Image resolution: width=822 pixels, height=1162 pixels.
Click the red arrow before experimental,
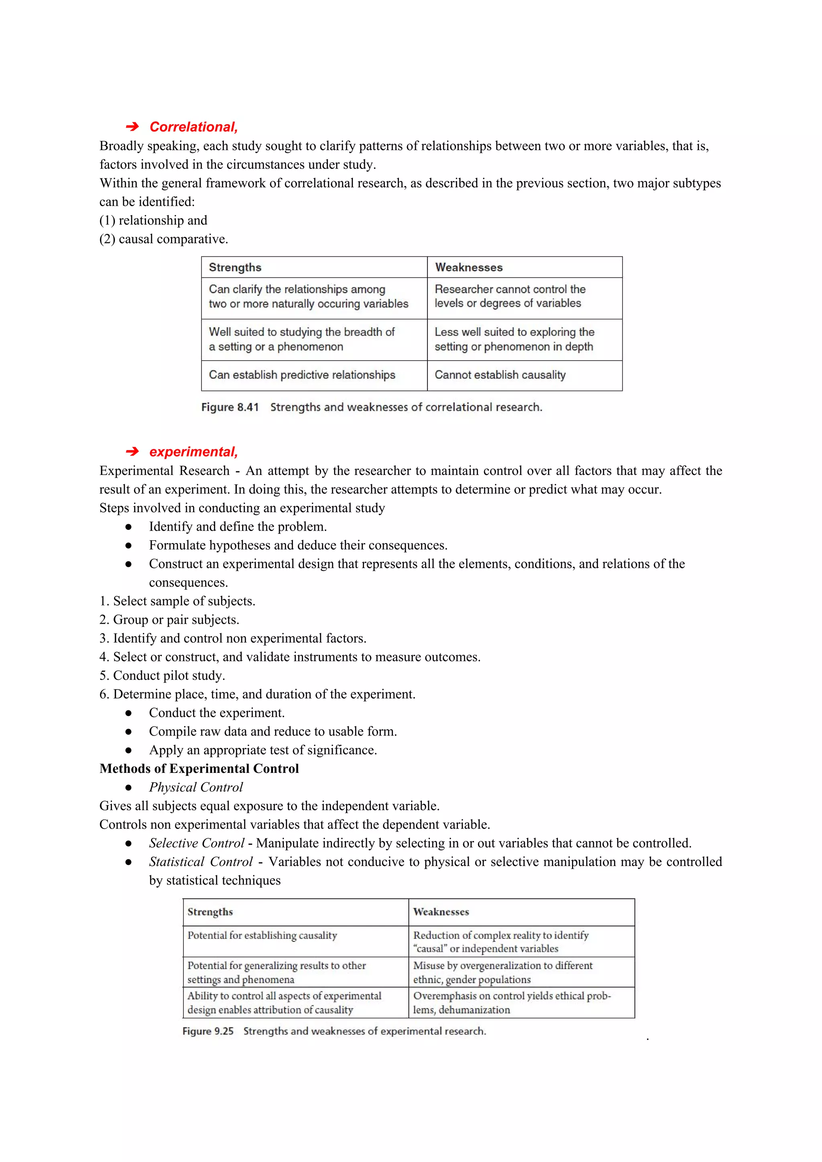[132, 451]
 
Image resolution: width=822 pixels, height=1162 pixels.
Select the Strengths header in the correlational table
[235, 267]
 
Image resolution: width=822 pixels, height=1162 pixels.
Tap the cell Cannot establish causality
[500, 375]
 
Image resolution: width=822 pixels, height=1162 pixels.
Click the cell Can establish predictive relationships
[302, 375]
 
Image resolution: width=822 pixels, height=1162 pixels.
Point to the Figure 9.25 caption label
[208, 1031]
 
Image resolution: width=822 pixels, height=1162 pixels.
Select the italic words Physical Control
[196, 787]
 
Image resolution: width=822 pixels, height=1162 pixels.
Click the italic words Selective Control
[197, 843]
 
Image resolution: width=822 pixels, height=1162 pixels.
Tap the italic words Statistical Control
[201, 862]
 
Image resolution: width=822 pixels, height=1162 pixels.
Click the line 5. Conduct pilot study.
[162, 675]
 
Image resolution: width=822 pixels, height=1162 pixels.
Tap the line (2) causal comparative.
[164, 239]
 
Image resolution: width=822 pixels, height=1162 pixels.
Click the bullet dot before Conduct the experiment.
[129, 713]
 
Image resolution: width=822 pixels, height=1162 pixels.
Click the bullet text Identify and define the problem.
[238, 526]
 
